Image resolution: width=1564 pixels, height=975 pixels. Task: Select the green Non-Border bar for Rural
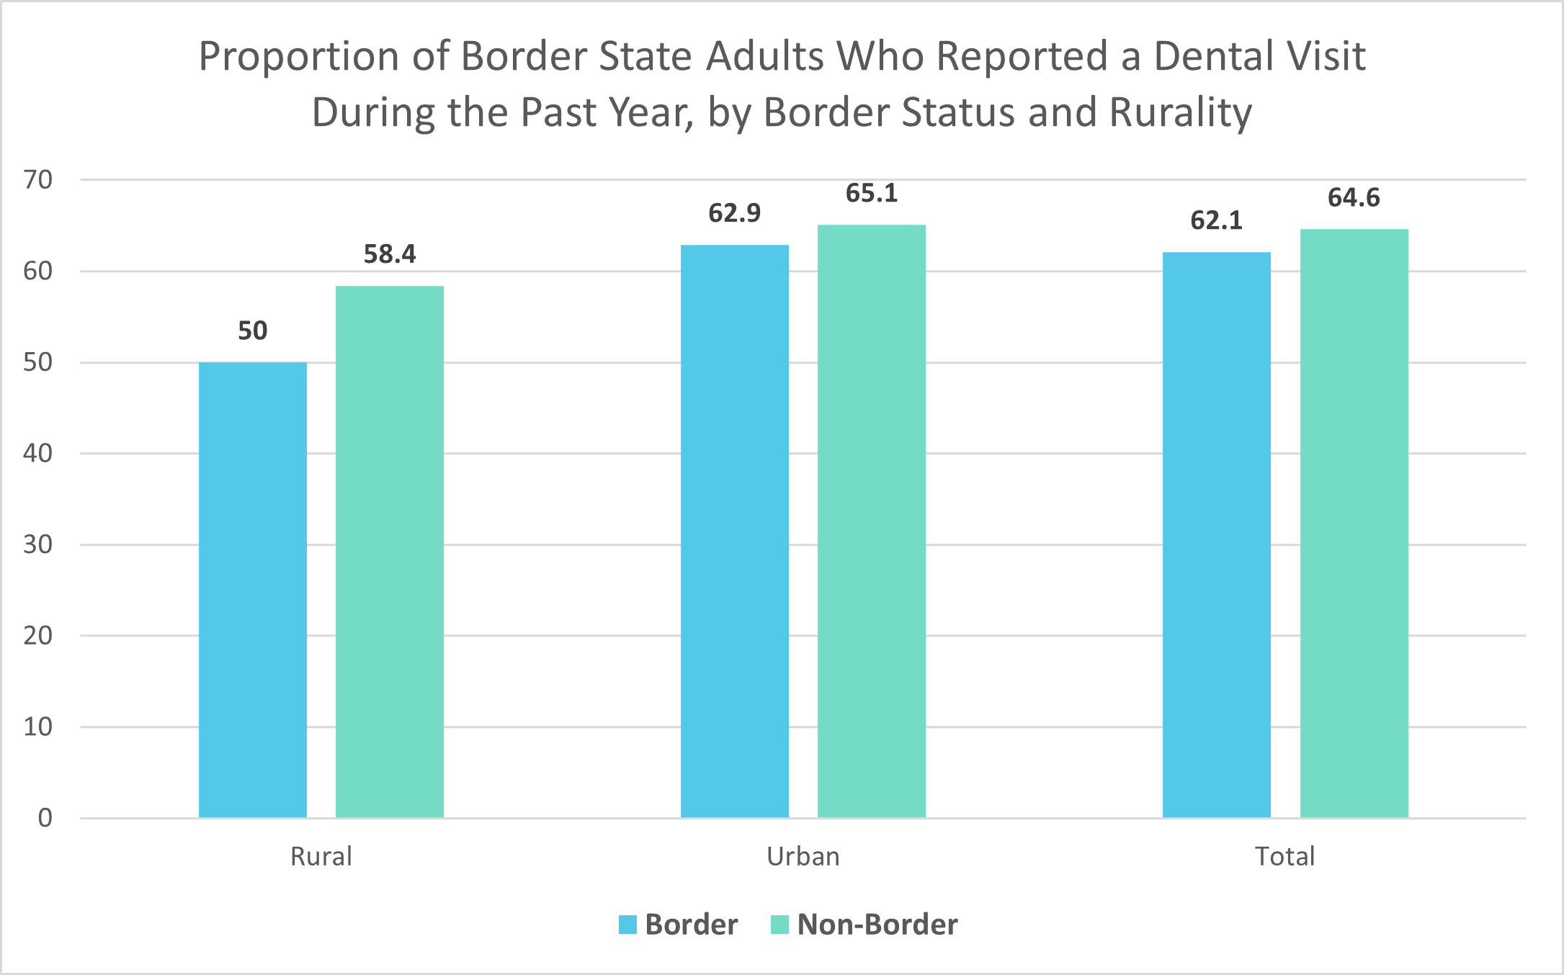click(389, 551)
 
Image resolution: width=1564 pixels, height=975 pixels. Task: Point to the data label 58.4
click(389, 254)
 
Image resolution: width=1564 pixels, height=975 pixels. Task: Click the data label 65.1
click(871, 193)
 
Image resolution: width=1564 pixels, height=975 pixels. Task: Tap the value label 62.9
click(734, 213)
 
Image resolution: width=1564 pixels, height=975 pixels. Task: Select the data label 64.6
click(1354, 197)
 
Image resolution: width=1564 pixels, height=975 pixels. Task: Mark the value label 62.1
click(1216, 220)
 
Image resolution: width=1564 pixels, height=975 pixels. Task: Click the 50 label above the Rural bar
click(252, 331)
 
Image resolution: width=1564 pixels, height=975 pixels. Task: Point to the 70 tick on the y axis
click(38, 179)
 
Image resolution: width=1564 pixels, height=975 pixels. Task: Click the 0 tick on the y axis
click(45, 818)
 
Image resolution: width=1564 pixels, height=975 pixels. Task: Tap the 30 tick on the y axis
click(38, 544)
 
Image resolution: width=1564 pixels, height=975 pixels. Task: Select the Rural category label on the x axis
click(321, 856)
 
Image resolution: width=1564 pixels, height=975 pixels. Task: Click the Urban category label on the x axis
click(803, 856)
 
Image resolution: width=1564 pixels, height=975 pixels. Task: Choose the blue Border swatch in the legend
click(627, 925)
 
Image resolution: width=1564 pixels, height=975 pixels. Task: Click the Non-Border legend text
click(877, 925)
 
